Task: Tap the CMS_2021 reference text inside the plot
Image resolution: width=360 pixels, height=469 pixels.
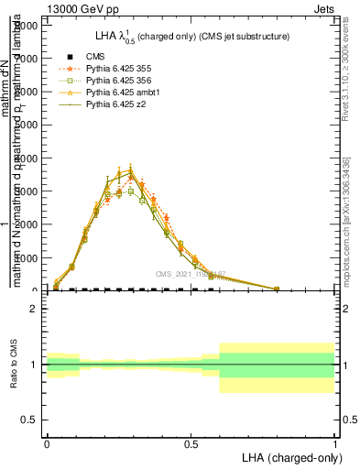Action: [x=190, y=274]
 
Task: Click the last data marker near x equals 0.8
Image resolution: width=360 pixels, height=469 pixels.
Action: [x=277, y=289]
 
